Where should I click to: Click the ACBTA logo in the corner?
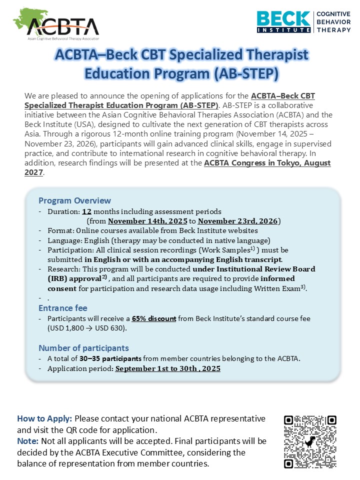tap(56, 24)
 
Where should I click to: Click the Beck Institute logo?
tap(303, 22)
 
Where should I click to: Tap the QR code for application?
tap(310, 441)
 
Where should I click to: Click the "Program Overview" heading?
tap(74, 201)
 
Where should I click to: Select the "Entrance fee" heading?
tap(63, 308)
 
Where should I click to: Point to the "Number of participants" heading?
tap(83, 348)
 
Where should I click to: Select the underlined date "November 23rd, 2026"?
tap(238, 221)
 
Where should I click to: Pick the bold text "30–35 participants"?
tap(111, 358)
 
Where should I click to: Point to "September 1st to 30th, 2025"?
tap(167, 368)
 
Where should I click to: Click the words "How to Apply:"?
tap(44, 418)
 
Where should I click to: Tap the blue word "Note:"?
tap(27, 441)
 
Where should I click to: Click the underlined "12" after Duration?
tap(86, 211)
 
